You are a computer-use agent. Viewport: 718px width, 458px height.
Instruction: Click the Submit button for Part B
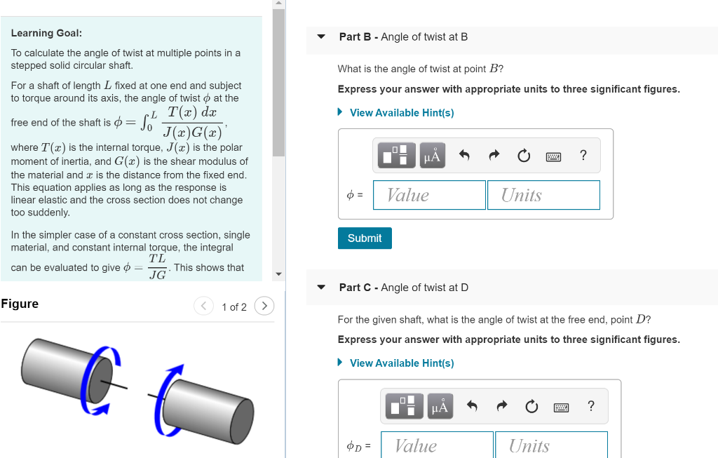click(365, 238)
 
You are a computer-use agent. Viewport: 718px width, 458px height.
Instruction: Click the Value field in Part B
click(429, 195)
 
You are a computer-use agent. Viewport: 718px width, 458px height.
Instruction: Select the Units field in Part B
click(543, 195)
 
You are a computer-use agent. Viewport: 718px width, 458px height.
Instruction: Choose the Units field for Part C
click(550, 445)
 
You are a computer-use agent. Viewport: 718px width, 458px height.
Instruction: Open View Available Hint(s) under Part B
click(401, 113)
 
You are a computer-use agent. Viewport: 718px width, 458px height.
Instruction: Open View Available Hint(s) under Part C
click(401, 363)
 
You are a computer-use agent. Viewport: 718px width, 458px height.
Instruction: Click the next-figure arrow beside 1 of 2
click(264, 307)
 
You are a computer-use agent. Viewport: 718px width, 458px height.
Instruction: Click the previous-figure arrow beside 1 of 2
click(203, 307)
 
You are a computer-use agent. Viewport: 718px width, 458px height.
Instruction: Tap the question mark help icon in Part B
click(583, 156)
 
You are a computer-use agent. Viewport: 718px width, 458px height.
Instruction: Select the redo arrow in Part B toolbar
click(494, 156)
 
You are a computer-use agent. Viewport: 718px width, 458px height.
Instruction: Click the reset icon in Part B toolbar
click(524, 156)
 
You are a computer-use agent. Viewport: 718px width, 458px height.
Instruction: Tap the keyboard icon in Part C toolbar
click(561, 406)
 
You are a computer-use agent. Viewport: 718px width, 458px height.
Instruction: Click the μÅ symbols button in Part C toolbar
click(440, 406)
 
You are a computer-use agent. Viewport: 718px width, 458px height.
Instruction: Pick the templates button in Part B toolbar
click(397, 156)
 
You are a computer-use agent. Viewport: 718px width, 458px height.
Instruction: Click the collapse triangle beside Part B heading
click(321, 37)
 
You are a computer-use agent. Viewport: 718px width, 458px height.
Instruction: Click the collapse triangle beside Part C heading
click(321, 288)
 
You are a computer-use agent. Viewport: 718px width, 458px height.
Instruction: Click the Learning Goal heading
click(46, 33)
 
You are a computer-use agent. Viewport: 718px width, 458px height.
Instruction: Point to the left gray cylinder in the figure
click(63, 365)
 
